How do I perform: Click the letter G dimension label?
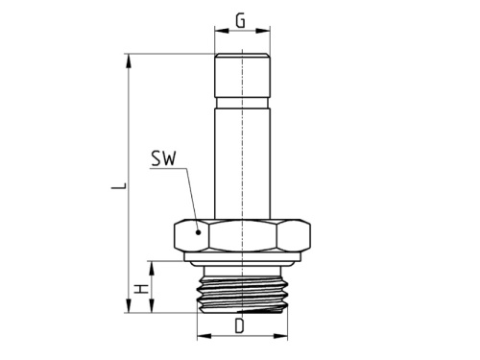tap(240, 19)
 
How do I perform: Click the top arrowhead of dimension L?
tap(128, 60)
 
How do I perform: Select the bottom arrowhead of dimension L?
tap(128, 308)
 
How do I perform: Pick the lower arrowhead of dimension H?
tap(150, 308)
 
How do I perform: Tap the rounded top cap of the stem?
tap(240, 72)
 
